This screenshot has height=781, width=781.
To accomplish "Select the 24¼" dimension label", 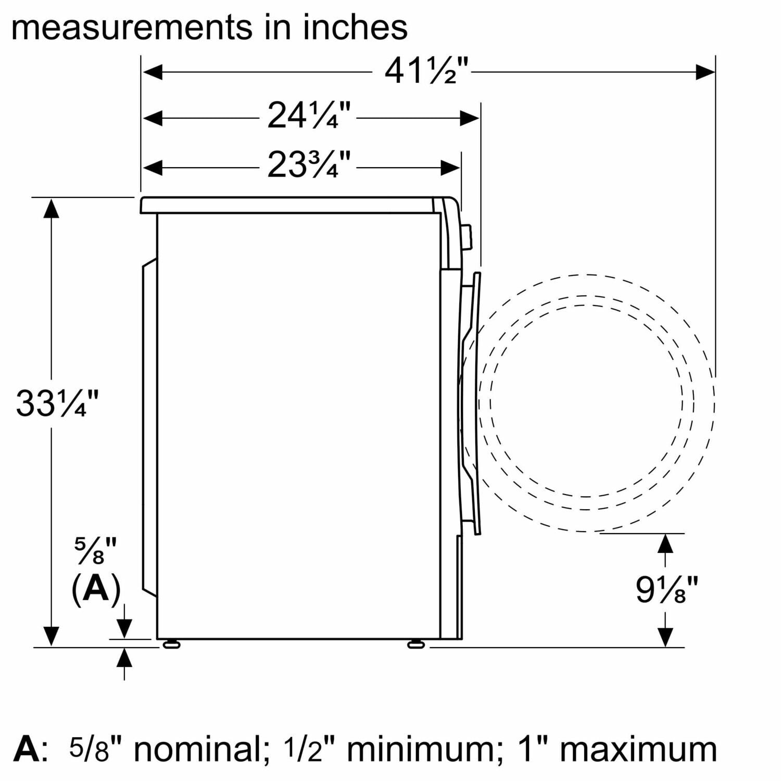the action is click(x=309, y=116).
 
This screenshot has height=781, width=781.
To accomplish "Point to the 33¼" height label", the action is click(x=57, y=404).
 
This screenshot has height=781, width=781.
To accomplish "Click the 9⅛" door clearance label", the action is click(x=666, y=590).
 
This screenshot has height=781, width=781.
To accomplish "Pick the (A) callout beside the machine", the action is click(x=96, y=590).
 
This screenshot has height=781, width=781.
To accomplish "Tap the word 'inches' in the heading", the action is click(x=355, y=27).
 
